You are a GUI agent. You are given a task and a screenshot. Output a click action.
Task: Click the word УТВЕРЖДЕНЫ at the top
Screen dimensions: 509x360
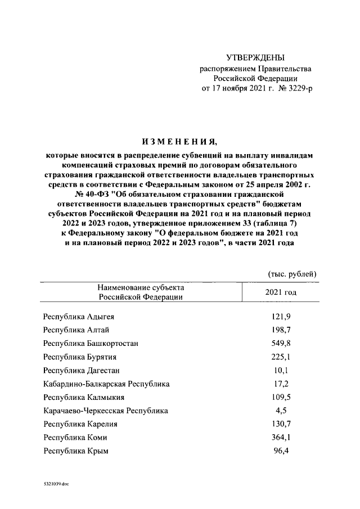(x=255, y=57)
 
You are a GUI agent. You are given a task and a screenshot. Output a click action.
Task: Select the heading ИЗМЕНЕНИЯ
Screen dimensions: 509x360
(x=179, y=141)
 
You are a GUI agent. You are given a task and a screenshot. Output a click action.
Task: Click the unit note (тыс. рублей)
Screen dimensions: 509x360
(x=291, y=274)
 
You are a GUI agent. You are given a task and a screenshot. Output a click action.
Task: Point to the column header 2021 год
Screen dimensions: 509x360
(x=280, y=292)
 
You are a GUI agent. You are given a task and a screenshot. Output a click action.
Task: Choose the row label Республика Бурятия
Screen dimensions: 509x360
(x=79, y=357)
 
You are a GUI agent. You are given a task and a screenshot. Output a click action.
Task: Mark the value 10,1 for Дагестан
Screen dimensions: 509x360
(x=280, y=370)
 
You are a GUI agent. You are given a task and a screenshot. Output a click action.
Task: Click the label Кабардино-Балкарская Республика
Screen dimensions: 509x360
(x=106, y=384)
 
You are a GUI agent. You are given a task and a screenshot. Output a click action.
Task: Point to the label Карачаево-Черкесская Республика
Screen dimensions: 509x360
(x=105, y=411)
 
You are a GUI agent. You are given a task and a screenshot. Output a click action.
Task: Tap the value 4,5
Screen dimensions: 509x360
(x=280, y=411)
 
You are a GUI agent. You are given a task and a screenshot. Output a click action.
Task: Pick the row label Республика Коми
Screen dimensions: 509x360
(x=75, y=438)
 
